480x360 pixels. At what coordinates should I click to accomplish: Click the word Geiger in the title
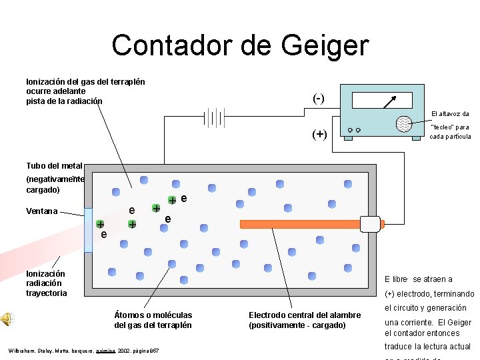click(325, 46)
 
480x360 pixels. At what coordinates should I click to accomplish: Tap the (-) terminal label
click(319, 98)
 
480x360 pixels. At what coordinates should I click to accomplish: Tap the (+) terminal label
click(320, 133)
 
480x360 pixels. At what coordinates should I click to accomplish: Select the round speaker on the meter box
click(404, 124)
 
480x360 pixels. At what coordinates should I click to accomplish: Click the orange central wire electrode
click(300, 224)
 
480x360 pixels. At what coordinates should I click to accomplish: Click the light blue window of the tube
click(88, 230)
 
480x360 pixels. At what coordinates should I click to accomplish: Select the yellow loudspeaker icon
click(7, 319)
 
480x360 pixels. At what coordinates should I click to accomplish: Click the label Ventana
click(41, 211)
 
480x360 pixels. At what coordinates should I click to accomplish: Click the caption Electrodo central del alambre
click(304, 315)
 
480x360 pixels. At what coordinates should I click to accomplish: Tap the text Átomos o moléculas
click(153, 315)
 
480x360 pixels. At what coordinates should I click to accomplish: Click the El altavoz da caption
click(450, 114)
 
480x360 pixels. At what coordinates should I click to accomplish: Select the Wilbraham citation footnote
click(83, 351)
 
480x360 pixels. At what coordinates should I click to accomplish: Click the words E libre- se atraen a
click(419, 279)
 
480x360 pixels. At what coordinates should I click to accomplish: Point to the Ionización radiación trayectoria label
click(46, 283)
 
